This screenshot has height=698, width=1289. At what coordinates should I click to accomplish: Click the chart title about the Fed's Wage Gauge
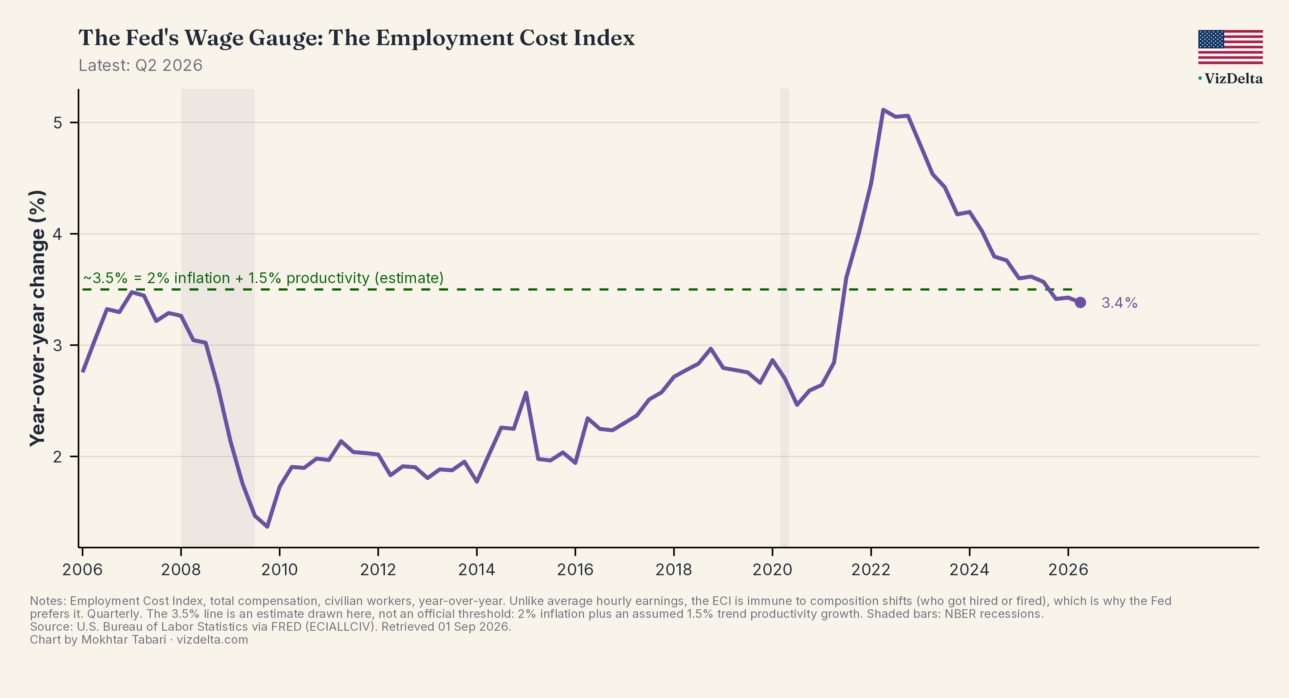[356, 38]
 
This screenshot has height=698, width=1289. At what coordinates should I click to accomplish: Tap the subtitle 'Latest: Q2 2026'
[141, 66]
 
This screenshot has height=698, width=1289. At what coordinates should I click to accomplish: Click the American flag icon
[1230, 47]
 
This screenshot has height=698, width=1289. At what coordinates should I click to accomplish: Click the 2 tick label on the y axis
[58, 457]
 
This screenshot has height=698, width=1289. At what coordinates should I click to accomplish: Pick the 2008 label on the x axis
[181, 569]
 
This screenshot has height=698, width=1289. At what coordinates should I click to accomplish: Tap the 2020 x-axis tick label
[772, 569]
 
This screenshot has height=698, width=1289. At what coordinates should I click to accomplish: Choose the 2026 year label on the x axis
[1068, 569]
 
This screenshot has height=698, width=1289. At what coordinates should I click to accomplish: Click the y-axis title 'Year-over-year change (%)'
[38, 318]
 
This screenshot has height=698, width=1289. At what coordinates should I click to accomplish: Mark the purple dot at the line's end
[1080, 302]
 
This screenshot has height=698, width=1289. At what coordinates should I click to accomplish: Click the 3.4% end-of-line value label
[1119, 303]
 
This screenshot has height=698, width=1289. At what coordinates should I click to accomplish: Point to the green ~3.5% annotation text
[263, 278]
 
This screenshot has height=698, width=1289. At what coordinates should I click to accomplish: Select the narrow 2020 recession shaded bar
[784, 318]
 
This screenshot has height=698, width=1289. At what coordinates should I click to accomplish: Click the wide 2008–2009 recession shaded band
[218, 318]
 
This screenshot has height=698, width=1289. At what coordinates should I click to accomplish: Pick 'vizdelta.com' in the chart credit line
[212, 639]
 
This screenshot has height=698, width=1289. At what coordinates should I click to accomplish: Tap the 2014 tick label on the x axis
[476, 569]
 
